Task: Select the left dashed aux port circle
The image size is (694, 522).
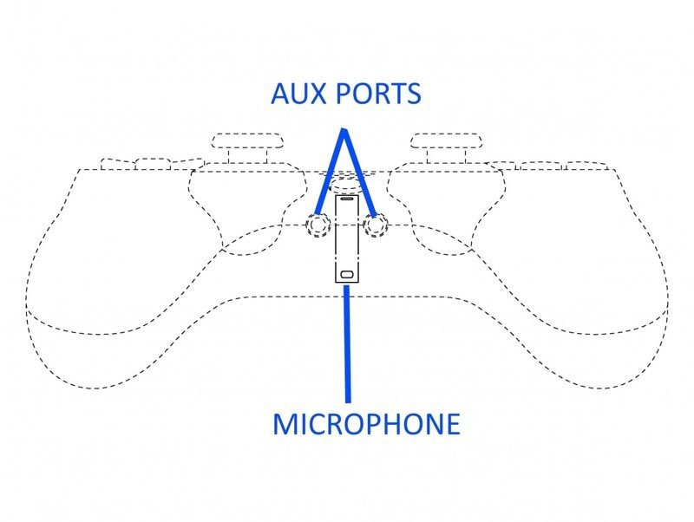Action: [x=318, y=225]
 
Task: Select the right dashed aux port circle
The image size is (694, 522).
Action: [x=376, y=225]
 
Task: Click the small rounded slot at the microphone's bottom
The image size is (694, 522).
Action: [x=346, y=274]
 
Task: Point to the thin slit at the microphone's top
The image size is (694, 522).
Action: [x=347, y=199]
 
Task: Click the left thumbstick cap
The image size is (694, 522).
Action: [x=247, y=141]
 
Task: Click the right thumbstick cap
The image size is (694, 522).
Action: [x=446, y=141]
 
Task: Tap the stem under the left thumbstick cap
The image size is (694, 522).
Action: [x=247, y=156]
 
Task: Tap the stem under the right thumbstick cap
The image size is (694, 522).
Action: [x=446, y=156]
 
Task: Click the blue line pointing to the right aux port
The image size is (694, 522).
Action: [x=359, y=172]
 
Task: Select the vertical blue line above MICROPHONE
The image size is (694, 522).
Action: [x=348, y=343]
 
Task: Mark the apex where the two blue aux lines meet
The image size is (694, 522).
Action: [x=344, y=129]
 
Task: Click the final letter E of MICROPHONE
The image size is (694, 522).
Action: [x=454, y=424]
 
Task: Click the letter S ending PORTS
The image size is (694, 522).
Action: [x=414, y=94]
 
